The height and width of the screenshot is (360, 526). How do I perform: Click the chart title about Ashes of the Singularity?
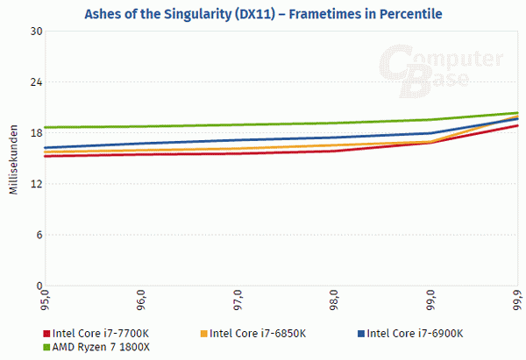point(263,13)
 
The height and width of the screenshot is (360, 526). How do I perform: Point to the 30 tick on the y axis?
point(38,31)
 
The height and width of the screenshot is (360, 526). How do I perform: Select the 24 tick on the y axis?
point(38,81)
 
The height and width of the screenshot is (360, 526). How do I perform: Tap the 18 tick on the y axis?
point(38,132)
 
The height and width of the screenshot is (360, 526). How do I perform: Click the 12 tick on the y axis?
point(38,183)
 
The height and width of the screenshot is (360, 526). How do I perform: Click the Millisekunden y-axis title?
point(14,159)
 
